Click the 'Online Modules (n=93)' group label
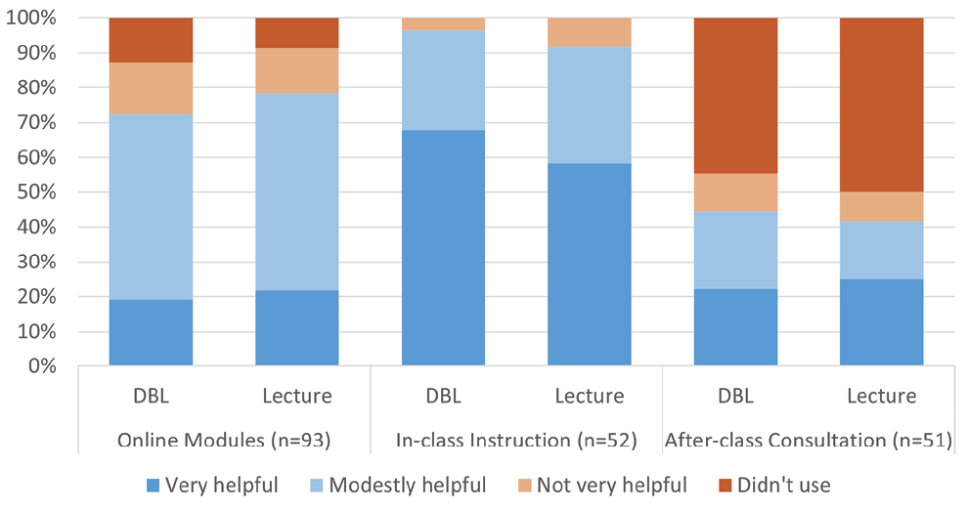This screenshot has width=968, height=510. click(224, 441)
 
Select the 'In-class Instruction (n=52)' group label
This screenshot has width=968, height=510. click(516, 441)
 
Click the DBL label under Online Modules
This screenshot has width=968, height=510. click(151, 397)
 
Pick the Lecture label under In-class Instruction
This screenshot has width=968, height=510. click(590, 397)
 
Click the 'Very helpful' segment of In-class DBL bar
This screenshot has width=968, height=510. click(443, 248)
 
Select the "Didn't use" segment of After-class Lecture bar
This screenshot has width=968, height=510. click(882, 105)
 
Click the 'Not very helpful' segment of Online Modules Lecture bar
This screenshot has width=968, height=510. click(297, 70)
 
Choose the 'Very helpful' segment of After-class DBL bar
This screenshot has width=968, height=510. click(735, 327)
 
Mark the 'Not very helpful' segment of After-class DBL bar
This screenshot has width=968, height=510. click(735, 192)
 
